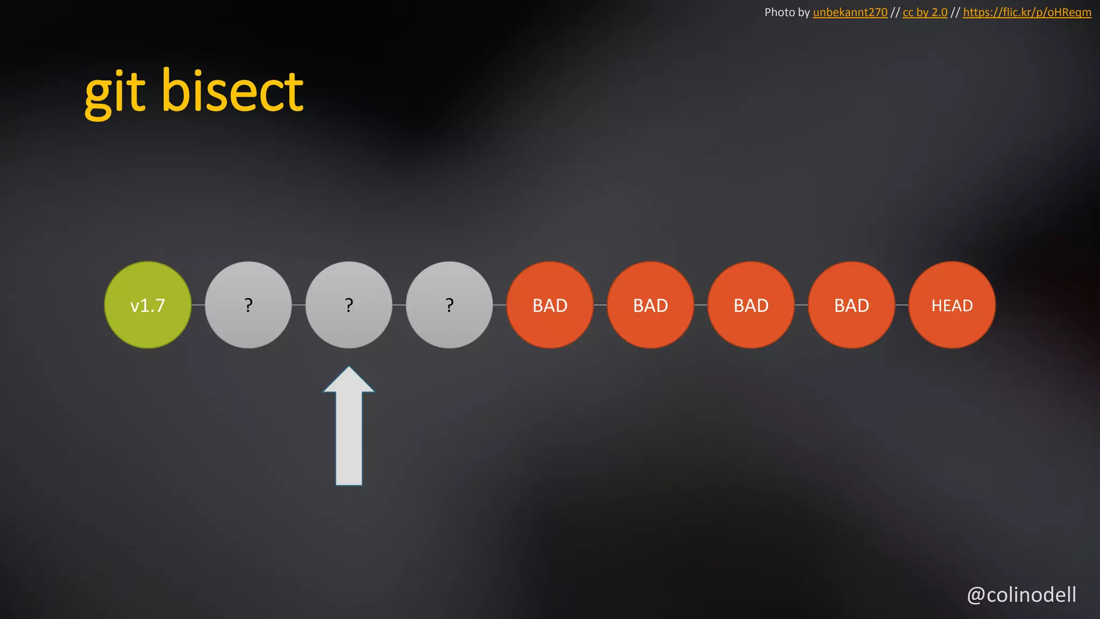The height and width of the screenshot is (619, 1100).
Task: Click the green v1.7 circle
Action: click(148, 305)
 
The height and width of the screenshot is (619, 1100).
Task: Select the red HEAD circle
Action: click(952, 305)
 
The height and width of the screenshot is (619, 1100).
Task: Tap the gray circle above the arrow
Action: click(349, 305)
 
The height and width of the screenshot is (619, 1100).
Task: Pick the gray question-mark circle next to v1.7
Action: click(248, 305)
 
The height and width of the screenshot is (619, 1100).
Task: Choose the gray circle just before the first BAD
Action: click(449, 305)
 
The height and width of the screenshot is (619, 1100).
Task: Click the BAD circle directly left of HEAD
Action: click(851, 305)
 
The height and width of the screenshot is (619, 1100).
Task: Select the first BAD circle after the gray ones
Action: click(550, 305)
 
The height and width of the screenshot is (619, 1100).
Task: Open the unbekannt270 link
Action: click(850, 12)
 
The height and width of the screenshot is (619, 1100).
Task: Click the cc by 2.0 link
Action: click(925, 12)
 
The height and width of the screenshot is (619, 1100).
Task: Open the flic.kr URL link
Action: click(1027, 12)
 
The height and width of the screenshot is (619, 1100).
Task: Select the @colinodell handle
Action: click(1022, 595)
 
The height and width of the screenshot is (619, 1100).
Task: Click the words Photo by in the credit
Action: click(787, 12)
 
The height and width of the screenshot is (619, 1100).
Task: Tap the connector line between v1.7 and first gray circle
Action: click(198, 305)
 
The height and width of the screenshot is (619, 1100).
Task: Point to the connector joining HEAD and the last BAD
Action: click(902, 305)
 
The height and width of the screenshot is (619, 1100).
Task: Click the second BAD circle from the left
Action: click(650, 305)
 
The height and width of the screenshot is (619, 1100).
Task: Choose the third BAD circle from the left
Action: click(751, 305)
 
